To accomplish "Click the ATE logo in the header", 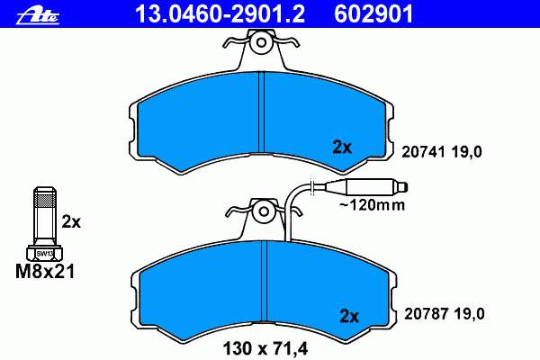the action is click(x=38, y=15).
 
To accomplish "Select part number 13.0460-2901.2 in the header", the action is click(x=220, y=14).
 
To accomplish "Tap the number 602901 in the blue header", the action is click(x=373, y=14).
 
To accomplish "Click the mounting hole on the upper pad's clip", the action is click(x=261, y=42).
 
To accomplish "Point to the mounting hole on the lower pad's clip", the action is click(x=264, y=211).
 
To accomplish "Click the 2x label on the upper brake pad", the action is click(x=342, y=147).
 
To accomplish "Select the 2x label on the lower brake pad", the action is click(x=349, y=316).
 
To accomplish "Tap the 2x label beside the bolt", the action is click(x=71, y=222).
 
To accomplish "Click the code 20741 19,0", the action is click(x=442, y=151).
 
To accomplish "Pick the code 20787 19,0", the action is click(x=445, y=313).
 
